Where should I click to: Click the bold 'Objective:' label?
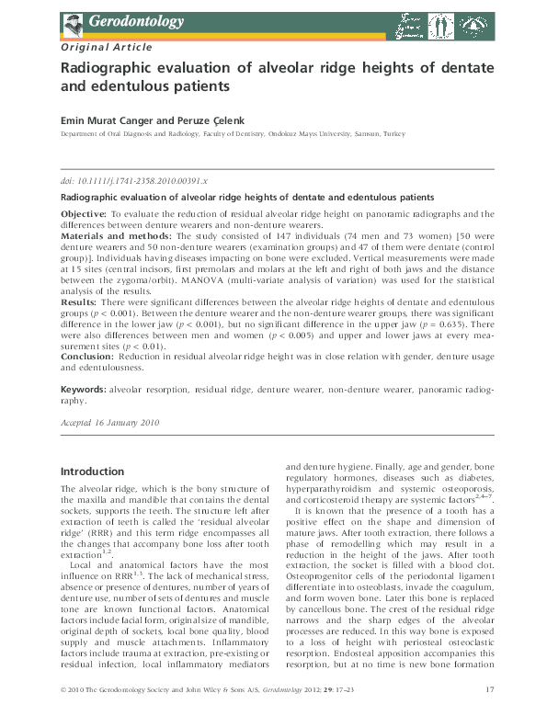(87, 212)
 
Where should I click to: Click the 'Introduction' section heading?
(92, 471)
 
